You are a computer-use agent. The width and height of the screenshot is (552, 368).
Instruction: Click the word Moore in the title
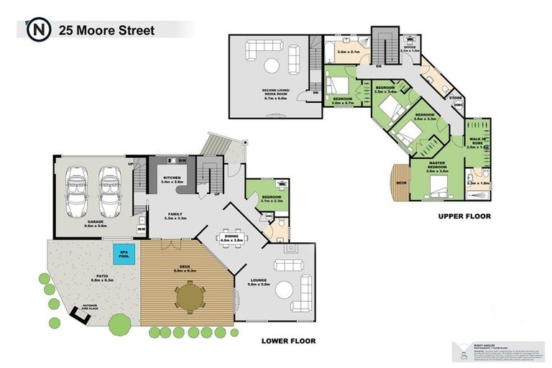click(93, 30)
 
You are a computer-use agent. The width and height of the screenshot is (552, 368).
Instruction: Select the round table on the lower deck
click(190, 296)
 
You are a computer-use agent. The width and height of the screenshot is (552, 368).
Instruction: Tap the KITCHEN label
click(173, 178)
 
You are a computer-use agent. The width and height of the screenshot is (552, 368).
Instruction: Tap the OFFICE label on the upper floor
click(410, 47)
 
